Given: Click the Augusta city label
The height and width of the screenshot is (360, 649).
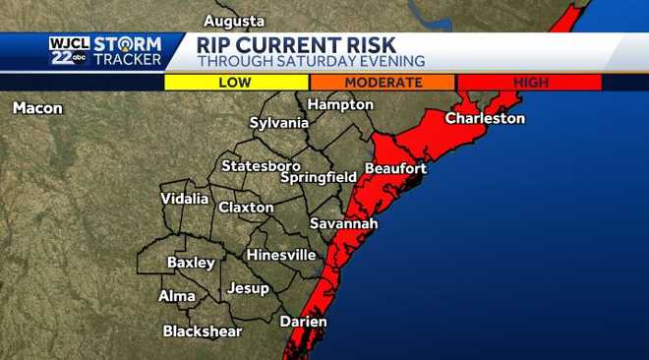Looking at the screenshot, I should [x=234, y=21].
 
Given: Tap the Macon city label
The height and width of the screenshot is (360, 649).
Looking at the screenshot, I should [x=37, y=108].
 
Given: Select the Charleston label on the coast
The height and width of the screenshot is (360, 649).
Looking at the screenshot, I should [x=485, y=118].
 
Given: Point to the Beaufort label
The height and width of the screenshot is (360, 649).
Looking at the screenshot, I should [x=395, y=168].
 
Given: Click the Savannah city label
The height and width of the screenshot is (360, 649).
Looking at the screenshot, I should [x=343, y=223].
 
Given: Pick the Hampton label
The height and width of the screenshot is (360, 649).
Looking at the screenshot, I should [x=340, y=104].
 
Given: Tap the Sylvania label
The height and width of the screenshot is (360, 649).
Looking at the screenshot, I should [x=279, y=123].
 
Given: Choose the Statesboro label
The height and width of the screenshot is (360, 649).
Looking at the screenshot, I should [x=261, y=165].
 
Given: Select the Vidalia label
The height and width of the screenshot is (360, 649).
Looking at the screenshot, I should [x=185, y=199].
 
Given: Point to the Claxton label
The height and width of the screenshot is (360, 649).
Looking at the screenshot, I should [x=246, y=208].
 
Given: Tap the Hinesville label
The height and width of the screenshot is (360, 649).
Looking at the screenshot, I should [x=281, y=255].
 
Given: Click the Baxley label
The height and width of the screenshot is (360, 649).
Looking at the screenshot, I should [x=191, y=263].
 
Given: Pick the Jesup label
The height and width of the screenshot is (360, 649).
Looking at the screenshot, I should [x=248, y=288].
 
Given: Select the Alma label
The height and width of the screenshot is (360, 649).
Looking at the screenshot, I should [x=177, y=296].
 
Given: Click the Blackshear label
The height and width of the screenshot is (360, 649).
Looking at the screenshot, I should [x=202, y=331].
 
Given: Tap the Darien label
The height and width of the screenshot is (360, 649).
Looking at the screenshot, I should [x=303, y=322].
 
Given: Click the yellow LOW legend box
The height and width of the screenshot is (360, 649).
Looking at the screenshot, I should [x=237, y=83].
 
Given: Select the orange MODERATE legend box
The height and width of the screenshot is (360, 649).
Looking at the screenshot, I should [x=383, y=83].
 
